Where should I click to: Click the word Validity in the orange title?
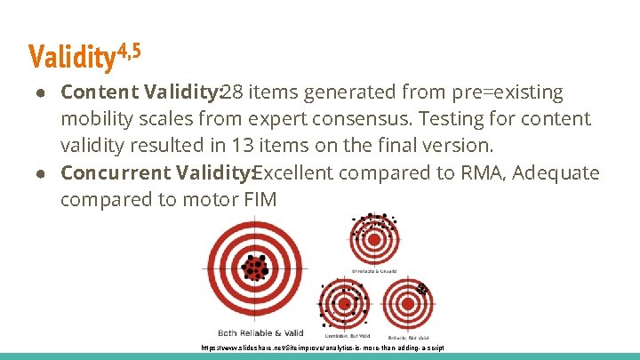(72, 58)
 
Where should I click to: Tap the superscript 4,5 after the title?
(130, 52)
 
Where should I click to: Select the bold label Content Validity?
(140, 92)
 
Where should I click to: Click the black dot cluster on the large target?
(256, 266)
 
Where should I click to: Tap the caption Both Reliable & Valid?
(254, 332)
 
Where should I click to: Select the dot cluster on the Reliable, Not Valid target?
(421, 289)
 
